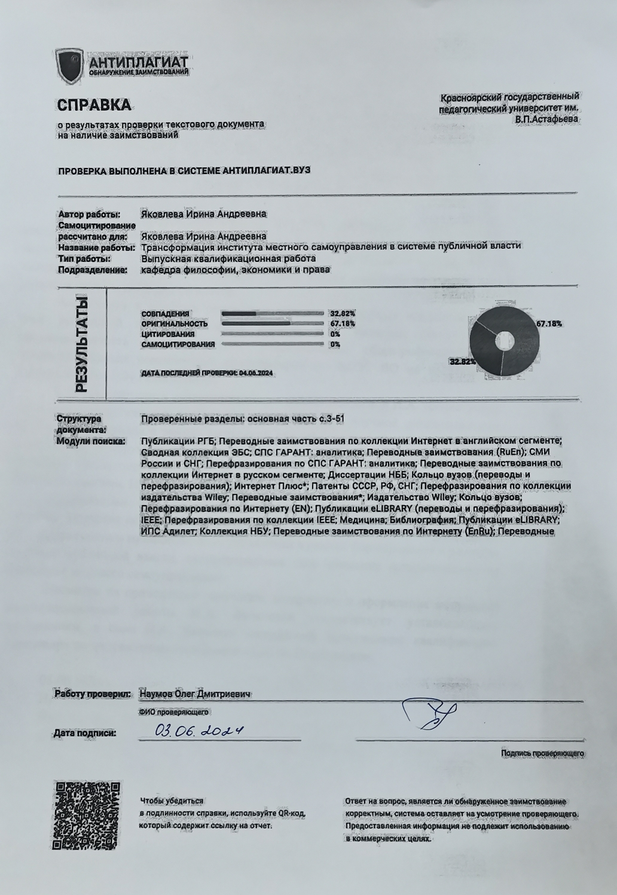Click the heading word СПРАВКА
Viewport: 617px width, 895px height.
(x=93, y=105)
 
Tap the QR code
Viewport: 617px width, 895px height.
(x=87, y=815)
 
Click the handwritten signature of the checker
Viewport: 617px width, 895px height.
(x=429, y=713)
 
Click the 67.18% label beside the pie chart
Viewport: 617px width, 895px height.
(x=549, y=323)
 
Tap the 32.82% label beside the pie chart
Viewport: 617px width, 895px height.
(x=462, y=362)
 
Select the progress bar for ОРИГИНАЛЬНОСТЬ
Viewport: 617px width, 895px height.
(x=273, y=323)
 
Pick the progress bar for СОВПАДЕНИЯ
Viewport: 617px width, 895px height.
(x=273, y=313)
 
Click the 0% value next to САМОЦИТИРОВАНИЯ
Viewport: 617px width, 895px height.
(x=335, y=344)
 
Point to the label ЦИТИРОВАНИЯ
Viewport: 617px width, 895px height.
(x=168, y=334)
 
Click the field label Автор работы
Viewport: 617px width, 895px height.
(x=89, y=214)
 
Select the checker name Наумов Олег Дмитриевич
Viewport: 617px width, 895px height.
(x=194, y=694)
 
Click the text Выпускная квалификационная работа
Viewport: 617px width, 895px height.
(x=228, y=259)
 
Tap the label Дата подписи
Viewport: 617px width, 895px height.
(x=85, y=732)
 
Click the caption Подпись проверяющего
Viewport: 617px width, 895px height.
(x=543, y=753)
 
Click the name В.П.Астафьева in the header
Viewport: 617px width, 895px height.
(x=546, y=119)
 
